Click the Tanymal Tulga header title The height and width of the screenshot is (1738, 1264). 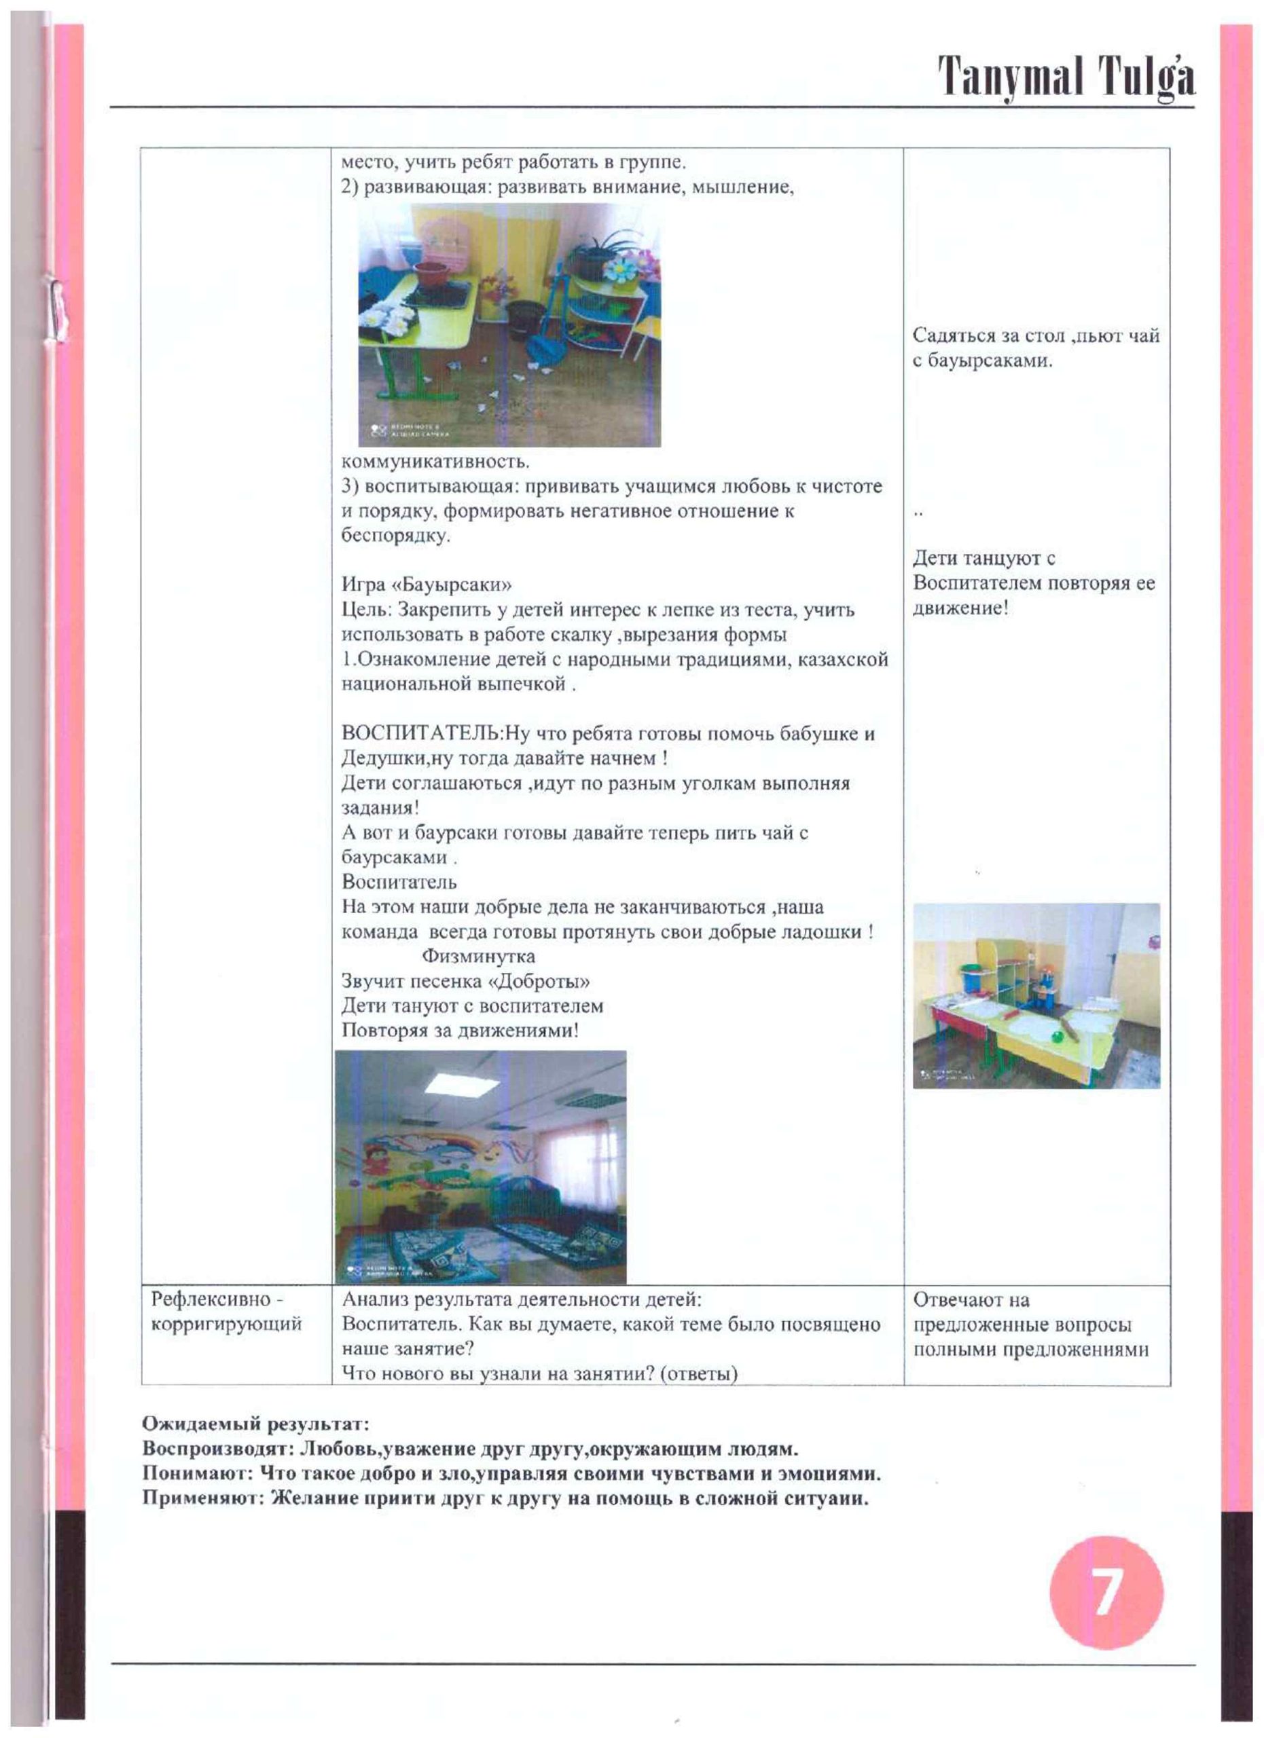point(1066,75)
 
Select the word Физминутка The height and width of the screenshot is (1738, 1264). point(478,957)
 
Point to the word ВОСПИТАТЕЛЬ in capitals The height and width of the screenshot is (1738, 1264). point(420,733)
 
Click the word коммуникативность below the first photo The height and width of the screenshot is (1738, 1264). point(435,462)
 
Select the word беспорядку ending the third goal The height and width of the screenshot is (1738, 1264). point(395,535)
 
